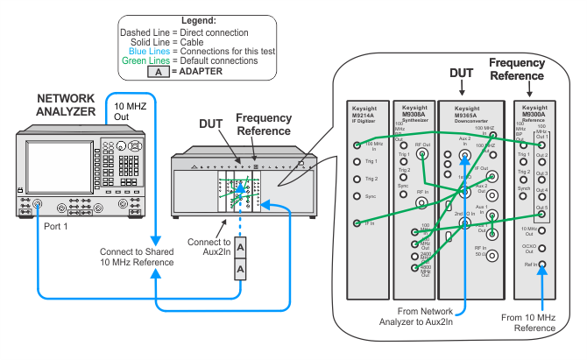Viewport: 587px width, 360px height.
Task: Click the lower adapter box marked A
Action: point(239,269)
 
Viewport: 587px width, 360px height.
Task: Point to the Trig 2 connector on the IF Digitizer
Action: point(357,179)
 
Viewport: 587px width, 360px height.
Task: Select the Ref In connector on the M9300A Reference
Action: point(542,264)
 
